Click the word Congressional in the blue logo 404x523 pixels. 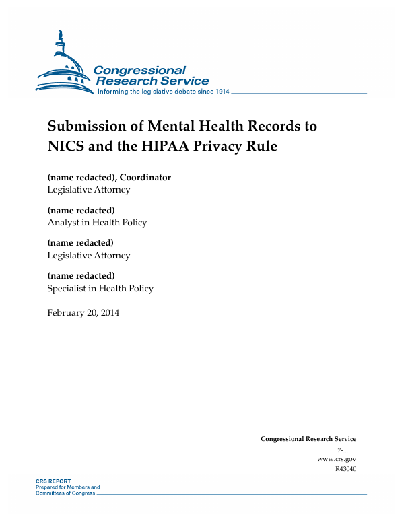tap(139, 71)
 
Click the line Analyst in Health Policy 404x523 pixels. tap(97, 222)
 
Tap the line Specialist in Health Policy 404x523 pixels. tap(100, 288)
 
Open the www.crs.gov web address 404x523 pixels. tap(336, 459)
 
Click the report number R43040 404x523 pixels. tap(345, 468)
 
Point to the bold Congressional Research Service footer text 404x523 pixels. tap(308, 439)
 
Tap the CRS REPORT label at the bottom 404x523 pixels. tap(53, 482)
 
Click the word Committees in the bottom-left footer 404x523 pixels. tap(51, 493)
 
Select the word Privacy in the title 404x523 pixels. tap(229, 146)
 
